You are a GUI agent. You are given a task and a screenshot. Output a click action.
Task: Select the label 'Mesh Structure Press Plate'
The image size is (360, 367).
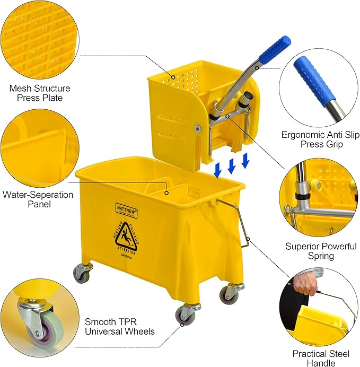(40, 93)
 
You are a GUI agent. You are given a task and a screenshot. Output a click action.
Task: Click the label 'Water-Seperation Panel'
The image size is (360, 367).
(38, 199)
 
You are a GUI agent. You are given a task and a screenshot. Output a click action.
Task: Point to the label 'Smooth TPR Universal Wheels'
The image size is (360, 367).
(119, 327)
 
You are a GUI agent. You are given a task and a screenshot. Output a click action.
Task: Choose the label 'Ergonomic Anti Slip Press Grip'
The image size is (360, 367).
(320, 139)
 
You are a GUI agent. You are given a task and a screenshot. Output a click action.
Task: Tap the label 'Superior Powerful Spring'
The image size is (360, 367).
(321, 251)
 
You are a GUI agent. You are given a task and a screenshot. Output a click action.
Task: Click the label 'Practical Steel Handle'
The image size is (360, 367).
(321, 358)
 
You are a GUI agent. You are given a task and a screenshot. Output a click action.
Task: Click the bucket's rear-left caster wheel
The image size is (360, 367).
(82, 274)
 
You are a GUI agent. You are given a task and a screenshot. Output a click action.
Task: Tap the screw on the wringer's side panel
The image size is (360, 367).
(198, 128)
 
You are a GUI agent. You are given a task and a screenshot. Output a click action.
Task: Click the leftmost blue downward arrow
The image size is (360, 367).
(218, 171)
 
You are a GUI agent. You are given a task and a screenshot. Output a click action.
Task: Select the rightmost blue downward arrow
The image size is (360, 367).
(245, 161)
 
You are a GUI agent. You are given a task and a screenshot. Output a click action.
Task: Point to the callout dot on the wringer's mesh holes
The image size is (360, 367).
(173, 77)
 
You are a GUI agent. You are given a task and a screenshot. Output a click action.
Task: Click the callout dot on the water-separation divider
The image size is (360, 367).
(166, 193)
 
